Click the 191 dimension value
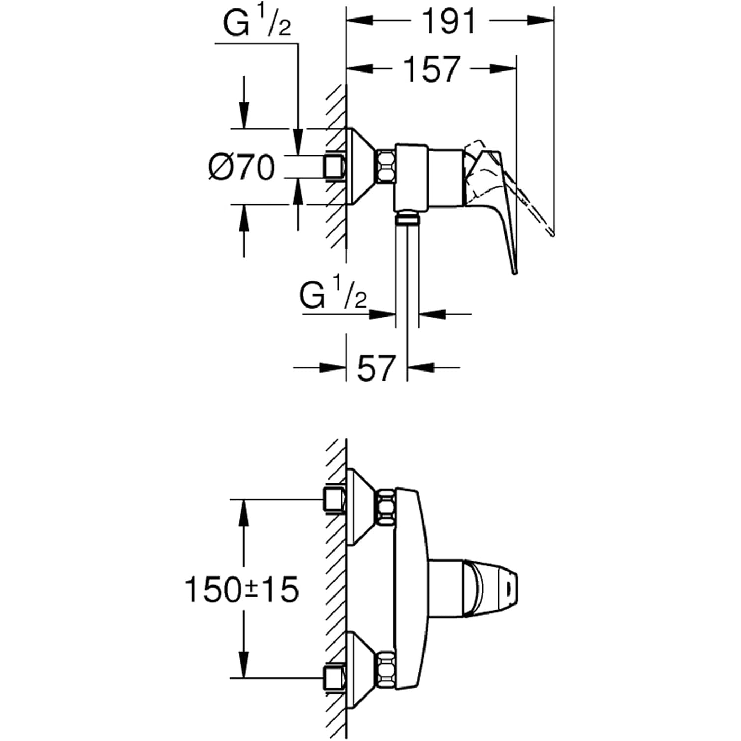point(449,21)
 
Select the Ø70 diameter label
point(241,168)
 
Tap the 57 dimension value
point(376,368)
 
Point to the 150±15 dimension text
point(242,590)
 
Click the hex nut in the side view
point(386,166)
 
